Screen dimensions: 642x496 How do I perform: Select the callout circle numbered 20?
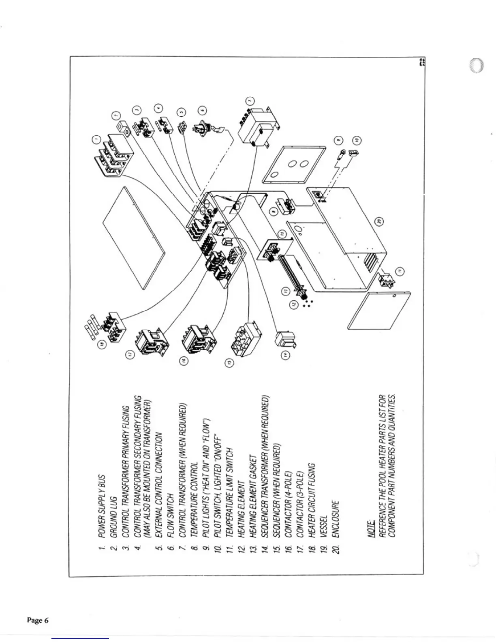pyautogui.click(x=379, y=221)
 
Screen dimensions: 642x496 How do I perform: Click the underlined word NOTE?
pyautogui.click(x=370, y=531)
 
